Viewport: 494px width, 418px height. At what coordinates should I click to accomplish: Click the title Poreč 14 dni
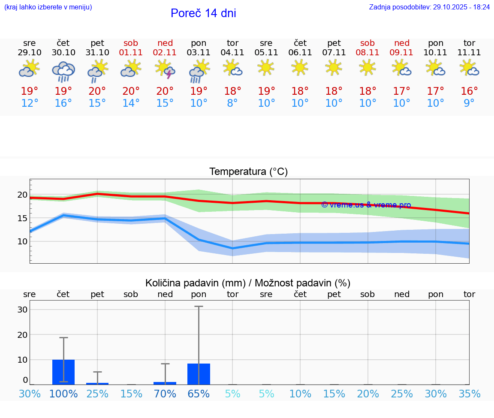pyautogui.click(x=203, y=13)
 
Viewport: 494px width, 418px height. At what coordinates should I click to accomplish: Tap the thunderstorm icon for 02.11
pyautogui.click(x=165, y=69)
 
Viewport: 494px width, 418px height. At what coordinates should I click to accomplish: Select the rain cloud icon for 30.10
pyautogui.click(x=63, y=71)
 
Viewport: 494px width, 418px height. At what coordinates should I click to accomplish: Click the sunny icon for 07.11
pyautogui.click(x=334, y=67)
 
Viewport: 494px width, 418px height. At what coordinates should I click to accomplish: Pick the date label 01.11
pyautogui.click(x=131, y=53)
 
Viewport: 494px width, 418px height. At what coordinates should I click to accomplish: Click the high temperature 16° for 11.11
pyautogui.click(x=469, y=91)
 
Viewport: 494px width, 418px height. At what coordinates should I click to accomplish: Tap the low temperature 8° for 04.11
pyautogui.click(x=232, y=103)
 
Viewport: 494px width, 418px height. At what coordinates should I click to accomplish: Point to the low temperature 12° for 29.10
pyautogui.click(x=30, y=103)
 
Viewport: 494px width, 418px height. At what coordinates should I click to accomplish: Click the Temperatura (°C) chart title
pyautogui.click(x=248, y=172)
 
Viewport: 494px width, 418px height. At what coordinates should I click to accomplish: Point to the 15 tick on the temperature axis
pyautogui.click(x=22, y=218)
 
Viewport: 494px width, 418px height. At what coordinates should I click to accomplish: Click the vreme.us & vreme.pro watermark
pyautogui.click(x=366, y=205)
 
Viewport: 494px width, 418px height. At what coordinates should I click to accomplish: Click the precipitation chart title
pyautogui.click(x=248, y=283)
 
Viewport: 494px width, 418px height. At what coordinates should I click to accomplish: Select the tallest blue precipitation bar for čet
pyautogui.click(x=63, y=372)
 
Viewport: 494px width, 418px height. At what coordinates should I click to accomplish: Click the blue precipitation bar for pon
pyautogui.click(x=199, y=374)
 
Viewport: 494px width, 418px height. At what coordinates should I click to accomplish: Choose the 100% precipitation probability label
pyautogui.click(x=63, y=394)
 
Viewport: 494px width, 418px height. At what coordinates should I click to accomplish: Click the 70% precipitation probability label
pyautogui.click(x=165, y=394)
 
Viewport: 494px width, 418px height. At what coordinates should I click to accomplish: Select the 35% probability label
pyautogui.click(x=469, y=394)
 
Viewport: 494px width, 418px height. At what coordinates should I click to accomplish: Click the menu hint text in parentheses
pyautogui.click(x=48, y=7)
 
